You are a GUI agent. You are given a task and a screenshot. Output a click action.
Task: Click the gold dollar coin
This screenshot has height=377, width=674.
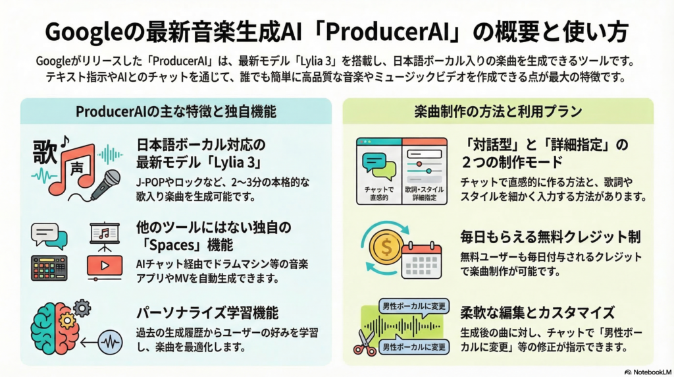pos(383,248)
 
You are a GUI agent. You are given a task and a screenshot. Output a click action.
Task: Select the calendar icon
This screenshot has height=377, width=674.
pos(421,260)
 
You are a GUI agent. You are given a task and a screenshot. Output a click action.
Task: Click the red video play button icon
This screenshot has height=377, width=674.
pos(103,266)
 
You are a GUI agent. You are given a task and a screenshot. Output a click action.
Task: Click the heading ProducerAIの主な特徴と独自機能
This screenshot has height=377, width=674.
pos(174,111)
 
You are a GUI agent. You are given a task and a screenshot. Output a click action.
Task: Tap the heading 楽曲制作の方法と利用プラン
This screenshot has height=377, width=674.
pos(498,111)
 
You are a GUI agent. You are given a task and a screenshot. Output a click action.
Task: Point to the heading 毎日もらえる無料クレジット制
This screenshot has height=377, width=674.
pos(550,237)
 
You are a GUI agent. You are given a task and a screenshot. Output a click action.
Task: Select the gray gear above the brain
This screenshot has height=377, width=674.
pos(82,306)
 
